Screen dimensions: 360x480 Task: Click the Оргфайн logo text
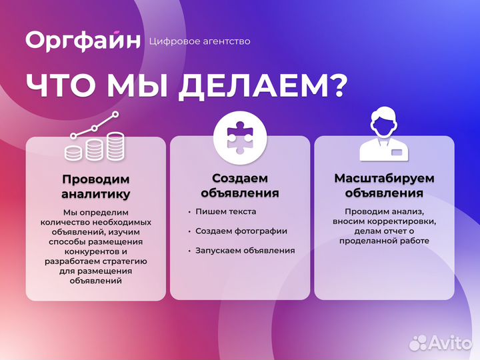tap(83, 40)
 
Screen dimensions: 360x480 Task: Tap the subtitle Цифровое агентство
tap(201, 41)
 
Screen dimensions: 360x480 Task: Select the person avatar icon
tap(384, 136)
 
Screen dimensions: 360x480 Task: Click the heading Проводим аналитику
tap(96, 187)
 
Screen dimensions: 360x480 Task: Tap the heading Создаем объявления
tap(240, 186)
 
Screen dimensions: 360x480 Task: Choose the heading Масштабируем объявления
tap(384, 186)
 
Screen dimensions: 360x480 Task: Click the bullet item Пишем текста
tap(225, 211)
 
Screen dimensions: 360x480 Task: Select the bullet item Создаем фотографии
tap(241, 231)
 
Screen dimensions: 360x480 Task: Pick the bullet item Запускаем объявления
tap(245, 250)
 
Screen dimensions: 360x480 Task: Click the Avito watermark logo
tap(440, 343)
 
